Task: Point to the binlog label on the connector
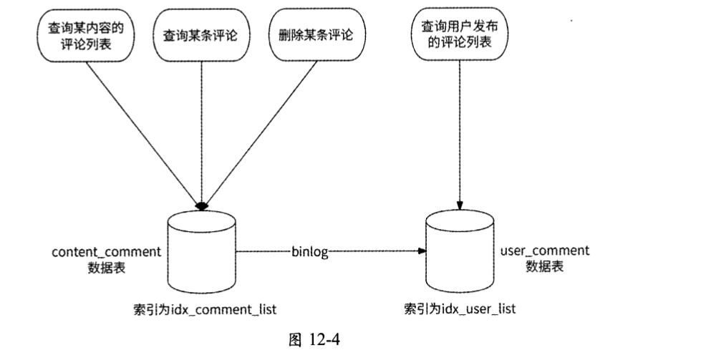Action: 309,252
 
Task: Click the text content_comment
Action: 106,252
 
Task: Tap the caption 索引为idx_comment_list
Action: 204,309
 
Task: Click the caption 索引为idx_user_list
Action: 459,309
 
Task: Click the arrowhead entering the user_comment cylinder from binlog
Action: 422,252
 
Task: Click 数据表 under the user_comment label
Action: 544,266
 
